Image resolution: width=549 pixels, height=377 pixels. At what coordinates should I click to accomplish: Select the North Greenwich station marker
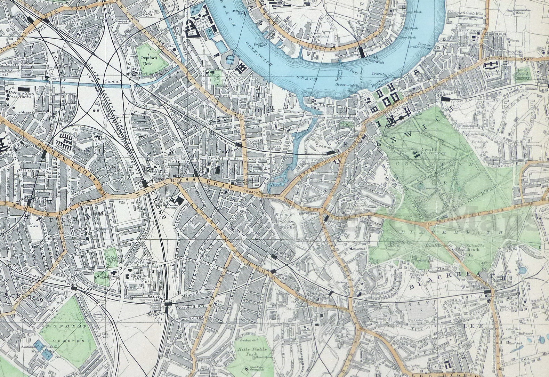point(362,52)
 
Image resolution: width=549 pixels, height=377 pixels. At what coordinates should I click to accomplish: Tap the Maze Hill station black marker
point(444,99)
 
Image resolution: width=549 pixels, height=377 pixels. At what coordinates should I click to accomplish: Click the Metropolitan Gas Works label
point(20,94)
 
